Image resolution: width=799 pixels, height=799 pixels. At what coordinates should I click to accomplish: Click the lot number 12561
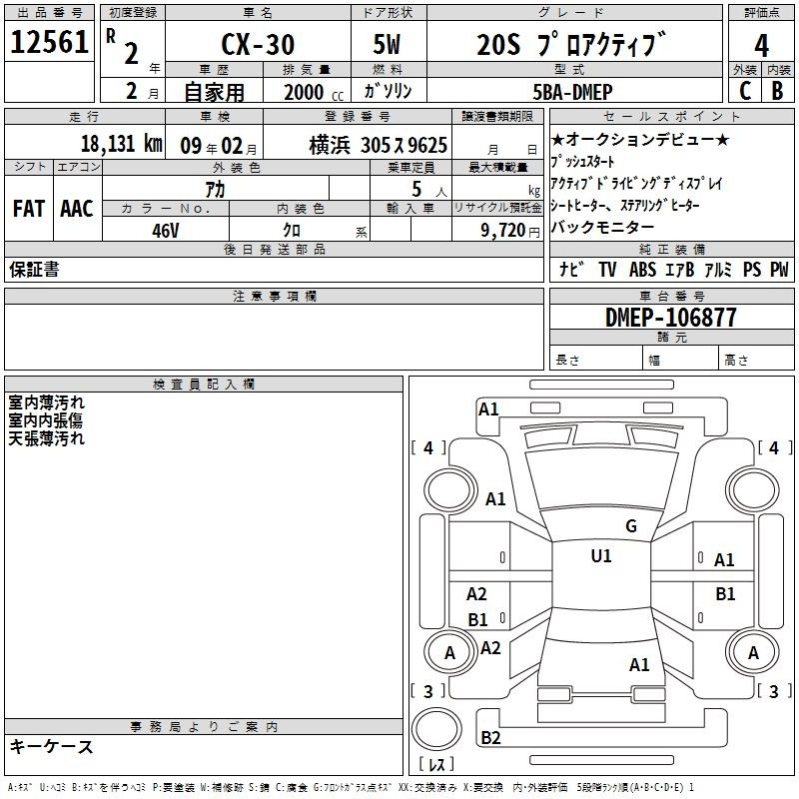tap(49, 42)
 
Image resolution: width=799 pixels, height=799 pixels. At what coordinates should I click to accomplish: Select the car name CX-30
tap(258, 44)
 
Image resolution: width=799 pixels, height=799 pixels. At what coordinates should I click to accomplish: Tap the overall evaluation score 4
tap(761, 46)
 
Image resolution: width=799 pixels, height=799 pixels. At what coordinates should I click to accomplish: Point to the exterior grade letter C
tap(745, 91)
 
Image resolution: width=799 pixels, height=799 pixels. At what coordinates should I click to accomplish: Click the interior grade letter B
tap(778, 91)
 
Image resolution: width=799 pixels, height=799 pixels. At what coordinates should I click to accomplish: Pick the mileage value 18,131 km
tap(122, 144)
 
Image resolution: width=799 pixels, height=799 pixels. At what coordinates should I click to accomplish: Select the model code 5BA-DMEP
tap(572, 92)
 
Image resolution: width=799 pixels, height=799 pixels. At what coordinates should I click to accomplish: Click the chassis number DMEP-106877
tap(671, 318)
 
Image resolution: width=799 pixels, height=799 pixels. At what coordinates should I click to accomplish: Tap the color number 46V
tap(166, 231)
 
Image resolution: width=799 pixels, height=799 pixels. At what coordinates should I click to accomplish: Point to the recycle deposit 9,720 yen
tap(510, 231)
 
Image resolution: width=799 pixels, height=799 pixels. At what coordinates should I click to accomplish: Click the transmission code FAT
tap(29, 209)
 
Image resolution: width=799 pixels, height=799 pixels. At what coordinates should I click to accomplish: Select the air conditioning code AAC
tap(77, 209)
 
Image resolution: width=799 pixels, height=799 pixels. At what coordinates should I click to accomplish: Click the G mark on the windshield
tap(631, 526)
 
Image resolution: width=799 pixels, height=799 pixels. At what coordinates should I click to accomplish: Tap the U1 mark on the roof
tap(601, 556)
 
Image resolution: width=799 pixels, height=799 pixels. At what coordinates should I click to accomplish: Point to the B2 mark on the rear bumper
tap(490, 737)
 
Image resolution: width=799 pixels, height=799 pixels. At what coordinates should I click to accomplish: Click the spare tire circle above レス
tap(436, 729)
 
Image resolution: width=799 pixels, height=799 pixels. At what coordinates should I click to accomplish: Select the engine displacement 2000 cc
tap(314, 93)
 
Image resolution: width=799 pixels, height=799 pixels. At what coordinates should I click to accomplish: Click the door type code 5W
tap(387, 44)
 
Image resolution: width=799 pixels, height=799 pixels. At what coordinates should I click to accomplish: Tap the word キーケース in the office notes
tap(52, 747)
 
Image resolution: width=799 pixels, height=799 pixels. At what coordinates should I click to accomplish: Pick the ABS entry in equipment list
tap(642, 270)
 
